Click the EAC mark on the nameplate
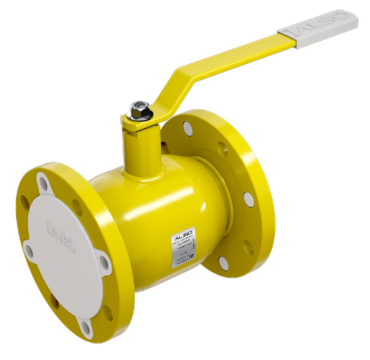tap(193, 247)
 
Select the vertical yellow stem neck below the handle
tap(139, 152)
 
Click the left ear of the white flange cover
tap(29, 250)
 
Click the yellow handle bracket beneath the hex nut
tap(141, 125)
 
